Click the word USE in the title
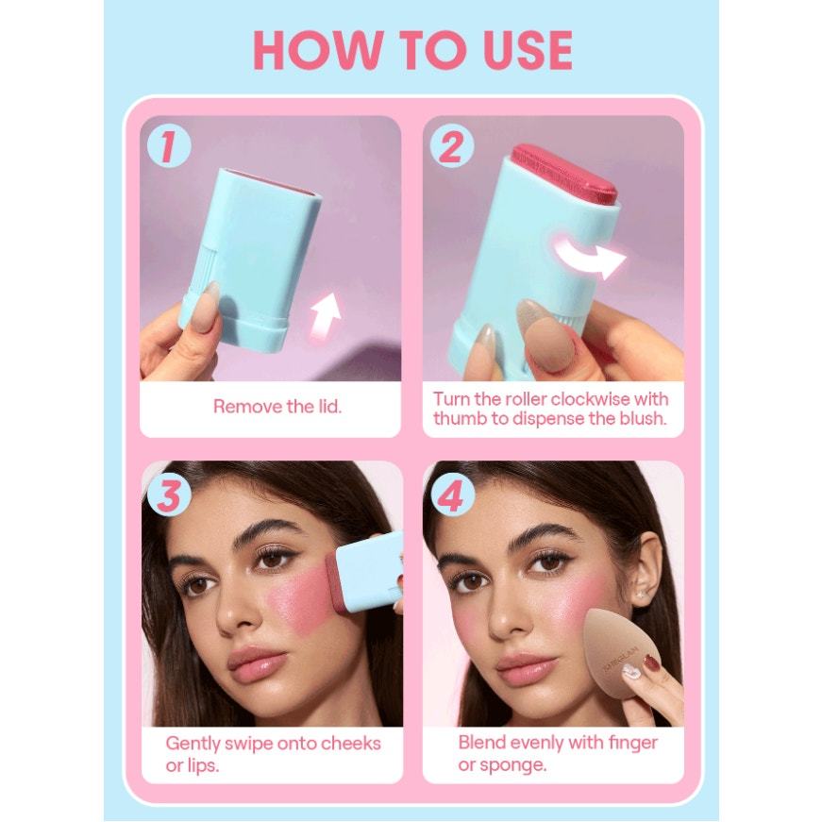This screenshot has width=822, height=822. point(528,50)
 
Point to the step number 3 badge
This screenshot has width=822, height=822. point(168,495)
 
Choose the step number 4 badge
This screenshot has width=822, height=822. point(452,495)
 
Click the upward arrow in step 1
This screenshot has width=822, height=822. point(325,313)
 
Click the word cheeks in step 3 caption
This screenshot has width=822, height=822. point(350,744)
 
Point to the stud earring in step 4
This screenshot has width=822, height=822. point(640,596)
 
